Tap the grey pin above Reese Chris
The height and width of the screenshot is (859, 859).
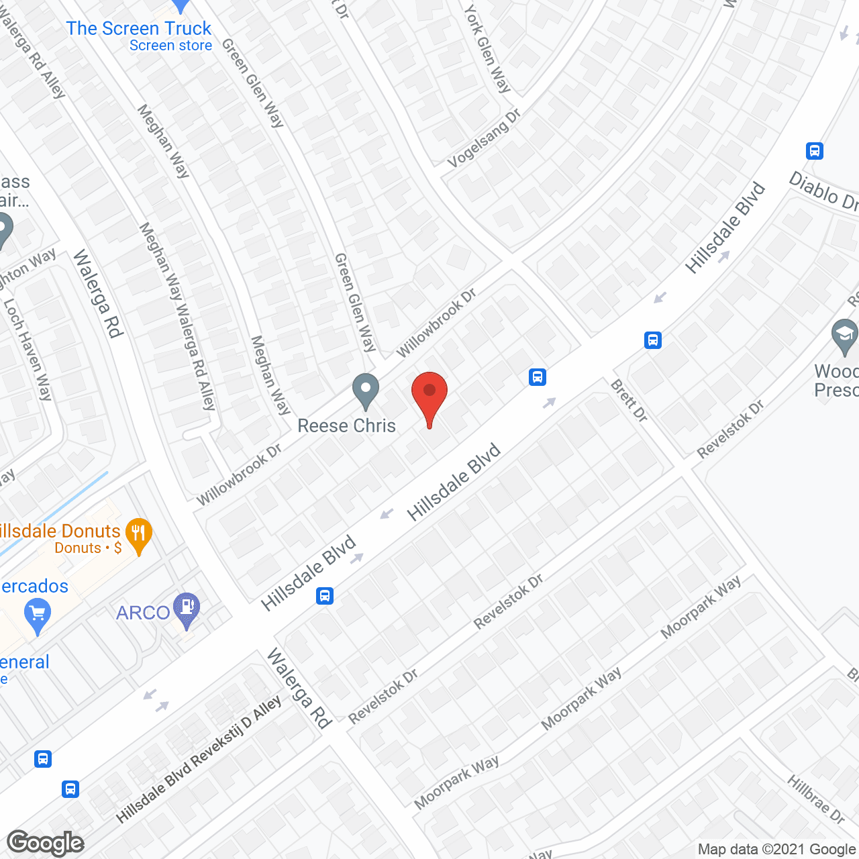tap(366, 390)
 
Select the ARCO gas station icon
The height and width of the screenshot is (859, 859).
tap(186, 609)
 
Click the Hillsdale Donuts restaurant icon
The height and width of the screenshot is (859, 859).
tap(138, 535)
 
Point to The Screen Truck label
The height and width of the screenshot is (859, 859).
tap(139, 29)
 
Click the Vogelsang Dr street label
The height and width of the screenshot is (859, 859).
tap(484, 138)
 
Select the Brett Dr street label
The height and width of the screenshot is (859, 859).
tap(629, 401)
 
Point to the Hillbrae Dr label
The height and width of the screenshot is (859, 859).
tap(815, 799)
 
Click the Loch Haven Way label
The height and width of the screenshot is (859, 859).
tap(28, 349)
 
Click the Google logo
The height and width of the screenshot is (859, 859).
tap(46, 843)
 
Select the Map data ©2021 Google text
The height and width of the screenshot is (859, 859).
tap(777, 850)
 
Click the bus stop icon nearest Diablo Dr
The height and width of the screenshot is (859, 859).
tap(815, 150)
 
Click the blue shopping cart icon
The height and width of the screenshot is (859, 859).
tap(37, 613)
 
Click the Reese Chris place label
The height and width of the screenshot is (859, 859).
tap(346, 425)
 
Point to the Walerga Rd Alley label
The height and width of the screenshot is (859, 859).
tap(34, 57)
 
